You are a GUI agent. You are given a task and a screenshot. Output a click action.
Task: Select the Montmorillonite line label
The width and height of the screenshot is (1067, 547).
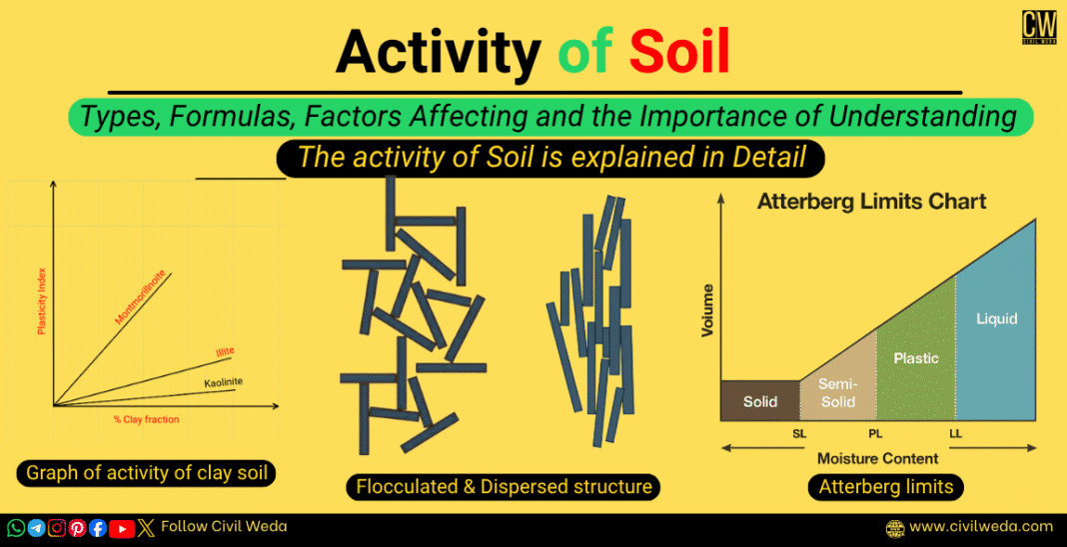coord(141,297)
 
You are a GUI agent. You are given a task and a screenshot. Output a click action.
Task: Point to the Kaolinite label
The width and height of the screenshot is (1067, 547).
coord(224,382)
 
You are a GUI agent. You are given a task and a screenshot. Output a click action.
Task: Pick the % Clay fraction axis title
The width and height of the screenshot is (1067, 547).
coord(146,419)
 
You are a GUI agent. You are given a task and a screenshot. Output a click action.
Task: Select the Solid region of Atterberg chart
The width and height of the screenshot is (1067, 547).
coord(760,401)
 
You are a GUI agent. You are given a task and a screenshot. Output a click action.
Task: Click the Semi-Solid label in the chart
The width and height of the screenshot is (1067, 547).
coord(837,392)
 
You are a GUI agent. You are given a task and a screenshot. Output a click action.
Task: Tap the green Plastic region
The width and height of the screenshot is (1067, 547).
coord(916,358)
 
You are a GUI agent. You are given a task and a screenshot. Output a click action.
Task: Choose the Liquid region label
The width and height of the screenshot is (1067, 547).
coord(996,319)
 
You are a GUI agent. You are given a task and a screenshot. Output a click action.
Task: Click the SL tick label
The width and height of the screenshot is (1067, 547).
coord(799,435)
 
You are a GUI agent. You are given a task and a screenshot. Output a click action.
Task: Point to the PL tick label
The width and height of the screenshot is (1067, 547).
coord(876,435)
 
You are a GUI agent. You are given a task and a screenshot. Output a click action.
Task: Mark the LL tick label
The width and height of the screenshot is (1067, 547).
coord(956,435)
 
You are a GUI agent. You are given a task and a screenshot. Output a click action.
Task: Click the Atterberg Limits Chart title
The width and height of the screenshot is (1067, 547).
coord(871,202)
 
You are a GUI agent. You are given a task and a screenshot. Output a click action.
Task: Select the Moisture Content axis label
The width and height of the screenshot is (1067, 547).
coord(878,458)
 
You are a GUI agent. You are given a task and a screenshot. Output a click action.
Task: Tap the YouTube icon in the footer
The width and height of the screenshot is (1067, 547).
coord(122,528)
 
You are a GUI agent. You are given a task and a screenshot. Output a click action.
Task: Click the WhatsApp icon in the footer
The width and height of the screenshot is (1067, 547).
coord(16,528)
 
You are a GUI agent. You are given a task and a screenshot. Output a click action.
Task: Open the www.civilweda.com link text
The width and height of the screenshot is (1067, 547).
coord(981,526)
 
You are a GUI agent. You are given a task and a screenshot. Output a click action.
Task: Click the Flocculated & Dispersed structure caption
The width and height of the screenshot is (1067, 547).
coord(504,487)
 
